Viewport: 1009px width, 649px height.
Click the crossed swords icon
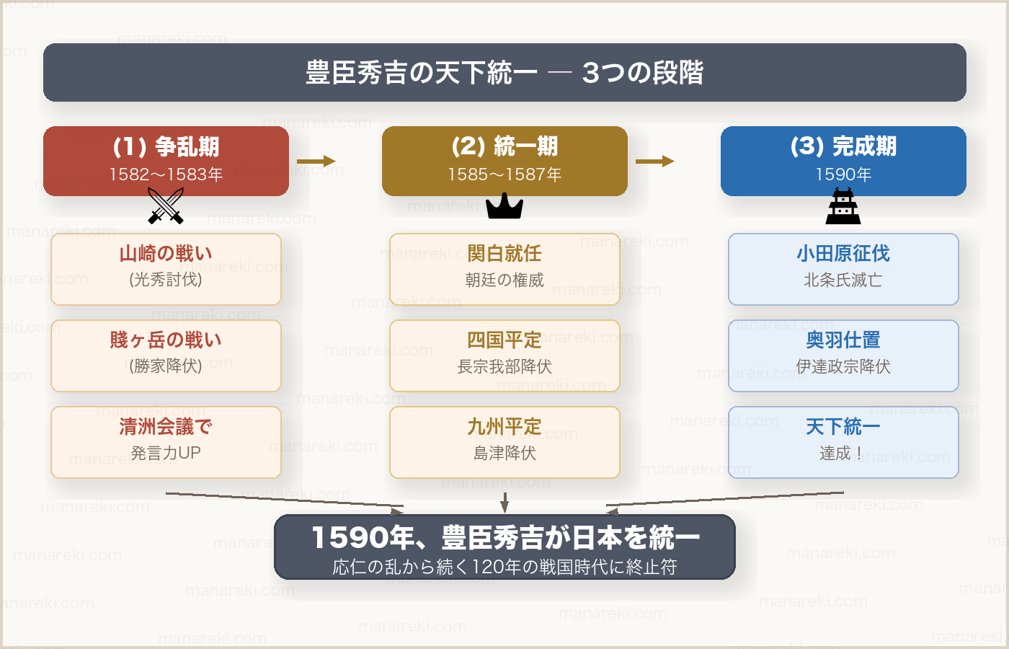pyautogui.click(x=166, y=206)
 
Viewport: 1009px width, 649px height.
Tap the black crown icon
pyautogui.click(x=504, y=207)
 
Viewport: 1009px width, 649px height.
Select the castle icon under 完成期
pyautogui.click(x=843, y=207)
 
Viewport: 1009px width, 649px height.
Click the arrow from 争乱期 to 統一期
pyautogui.click(x=316, y=162)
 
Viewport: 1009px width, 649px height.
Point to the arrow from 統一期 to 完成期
pyautogui.click(x=654, y=162)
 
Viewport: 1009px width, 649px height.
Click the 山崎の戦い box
pyautogui.click(x=166, y=269)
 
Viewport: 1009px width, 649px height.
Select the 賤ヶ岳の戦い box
pyautogui.click(x=166, y=356)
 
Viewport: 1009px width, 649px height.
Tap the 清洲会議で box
pyautogui.click(x=166, y=442)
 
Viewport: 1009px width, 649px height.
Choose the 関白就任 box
pyautogui.click(x=504, y=269)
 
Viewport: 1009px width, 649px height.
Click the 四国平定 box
pyautogui.click(x=504, y=356)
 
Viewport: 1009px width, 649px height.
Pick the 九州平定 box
pyautogui.click(x=504, y=442)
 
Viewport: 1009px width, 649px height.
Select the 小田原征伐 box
pyautogui.click(x=843, y=269)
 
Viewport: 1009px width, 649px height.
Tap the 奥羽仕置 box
pyautogui.click(x=843, y=356)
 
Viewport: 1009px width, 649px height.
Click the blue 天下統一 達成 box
pyautogui.click(x=843, y=442)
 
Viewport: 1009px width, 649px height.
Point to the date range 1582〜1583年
pyautogui.click(x=166, y=175)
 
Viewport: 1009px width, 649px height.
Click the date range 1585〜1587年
pyautogui.click(x=504, y=175)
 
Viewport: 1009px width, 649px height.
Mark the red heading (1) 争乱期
pyautogui.click(x=166, y=147)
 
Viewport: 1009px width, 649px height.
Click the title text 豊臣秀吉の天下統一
pyautogui.click(x=422, y=73)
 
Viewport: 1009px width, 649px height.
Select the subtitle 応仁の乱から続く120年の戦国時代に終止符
pyautogui.click(x=504, y=568)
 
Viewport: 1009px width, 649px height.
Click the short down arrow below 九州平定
pyautogui.click(x=504, y=502)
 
